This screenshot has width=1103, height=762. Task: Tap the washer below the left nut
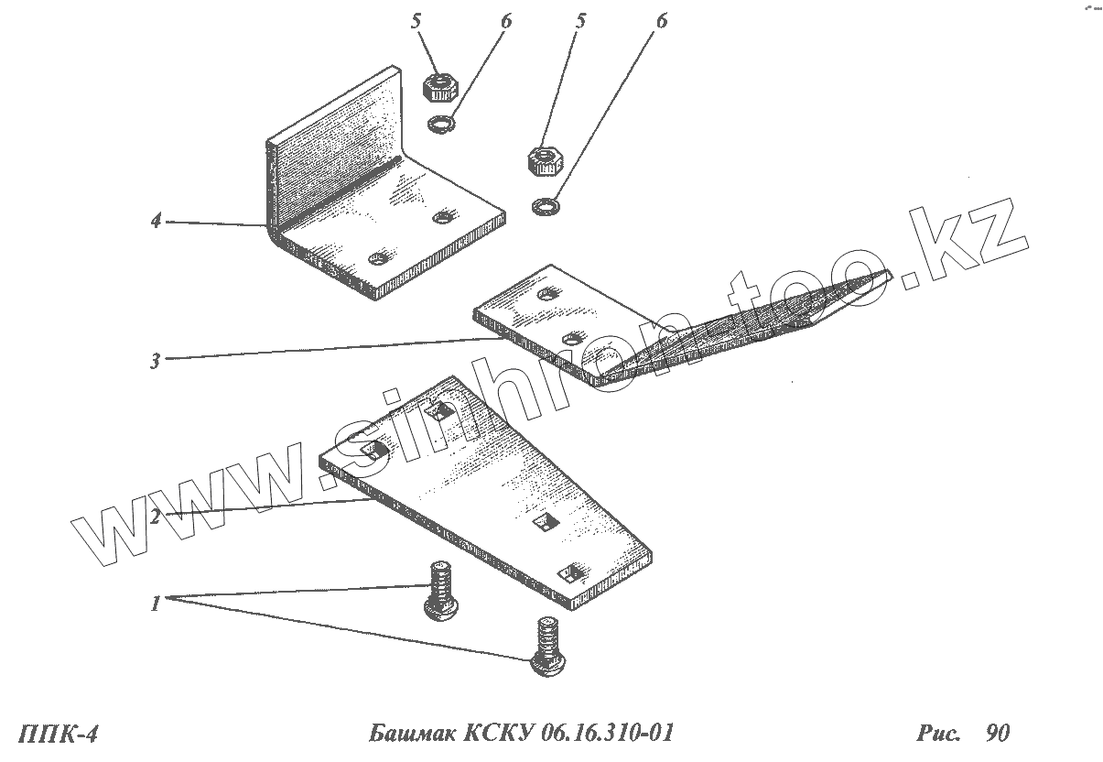coord(441,123)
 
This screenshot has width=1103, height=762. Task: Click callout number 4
coord(157,221)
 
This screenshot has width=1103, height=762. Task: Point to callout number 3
coord(156,361)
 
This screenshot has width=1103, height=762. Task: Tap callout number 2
coord(156,517)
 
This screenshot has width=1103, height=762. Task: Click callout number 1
coord(156,604)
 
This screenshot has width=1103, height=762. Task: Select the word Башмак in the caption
coord(410,734)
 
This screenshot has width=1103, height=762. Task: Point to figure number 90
coord(997,734)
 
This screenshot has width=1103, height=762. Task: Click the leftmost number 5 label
coord(418,21)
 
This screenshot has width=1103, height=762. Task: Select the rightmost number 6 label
coord(661,21)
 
